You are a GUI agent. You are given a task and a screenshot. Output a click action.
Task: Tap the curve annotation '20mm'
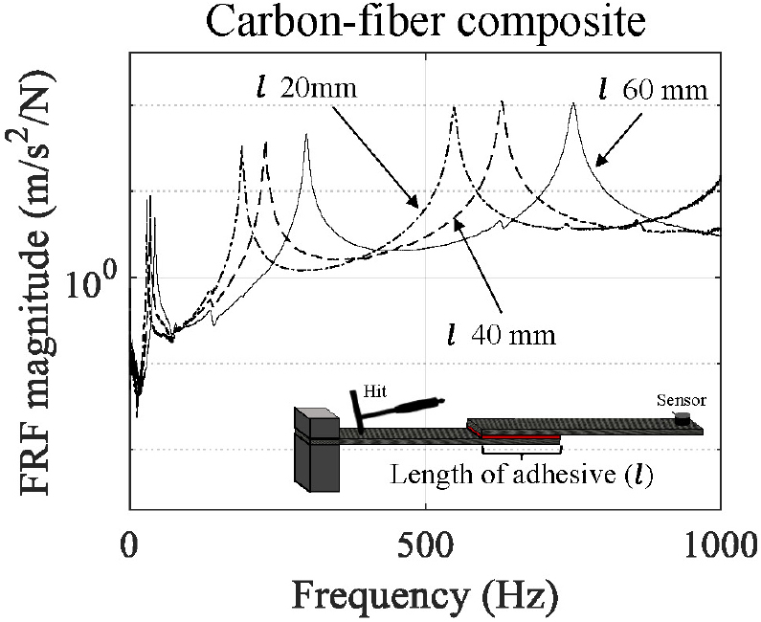(x=319, y=90)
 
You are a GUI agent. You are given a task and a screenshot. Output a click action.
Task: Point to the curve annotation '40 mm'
(x=516, y=336)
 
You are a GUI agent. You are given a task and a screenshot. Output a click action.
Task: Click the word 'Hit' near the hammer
(x=374, y=392)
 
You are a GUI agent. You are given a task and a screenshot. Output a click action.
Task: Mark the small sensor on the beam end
(x=682, y=418)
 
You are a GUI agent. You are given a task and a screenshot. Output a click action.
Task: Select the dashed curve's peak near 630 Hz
(x=501, y=101)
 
